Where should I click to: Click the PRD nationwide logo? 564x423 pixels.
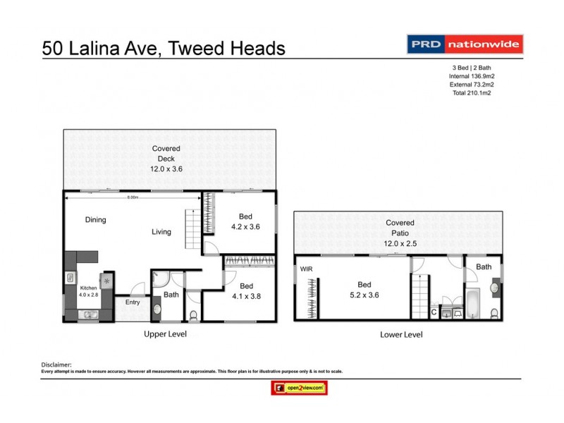[465, 44]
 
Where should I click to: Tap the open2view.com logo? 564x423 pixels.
[300, 387]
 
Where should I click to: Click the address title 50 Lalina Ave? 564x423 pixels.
[164, 48]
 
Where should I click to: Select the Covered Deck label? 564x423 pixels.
[166, 159]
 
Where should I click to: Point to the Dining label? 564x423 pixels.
[95, 220]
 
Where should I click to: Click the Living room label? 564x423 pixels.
[161, 232]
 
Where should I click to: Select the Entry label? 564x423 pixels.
[133, 302]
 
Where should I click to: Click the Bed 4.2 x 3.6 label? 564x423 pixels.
[246, 222]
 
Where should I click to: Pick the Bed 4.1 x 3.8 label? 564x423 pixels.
[245, 291]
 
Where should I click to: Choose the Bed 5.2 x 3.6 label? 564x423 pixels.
[364, 290]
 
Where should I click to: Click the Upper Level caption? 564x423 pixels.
[165, 333]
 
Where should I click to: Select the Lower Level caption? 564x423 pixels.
[401, 334]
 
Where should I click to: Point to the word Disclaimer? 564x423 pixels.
[58, 364]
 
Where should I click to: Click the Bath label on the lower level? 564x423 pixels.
[483, 266]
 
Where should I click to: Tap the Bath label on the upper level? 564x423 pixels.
[171, 295]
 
